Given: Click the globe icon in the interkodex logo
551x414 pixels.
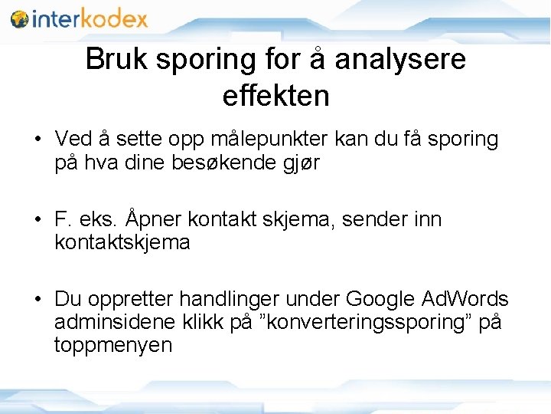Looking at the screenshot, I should [x=20, y=18].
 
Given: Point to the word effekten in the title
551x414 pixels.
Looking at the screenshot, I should [x=275, y=96].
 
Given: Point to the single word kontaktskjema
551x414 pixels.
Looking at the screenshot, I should [x=122, y=243].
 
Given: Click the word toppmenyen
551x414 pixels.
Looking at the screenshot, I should [x=113, y=347].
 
